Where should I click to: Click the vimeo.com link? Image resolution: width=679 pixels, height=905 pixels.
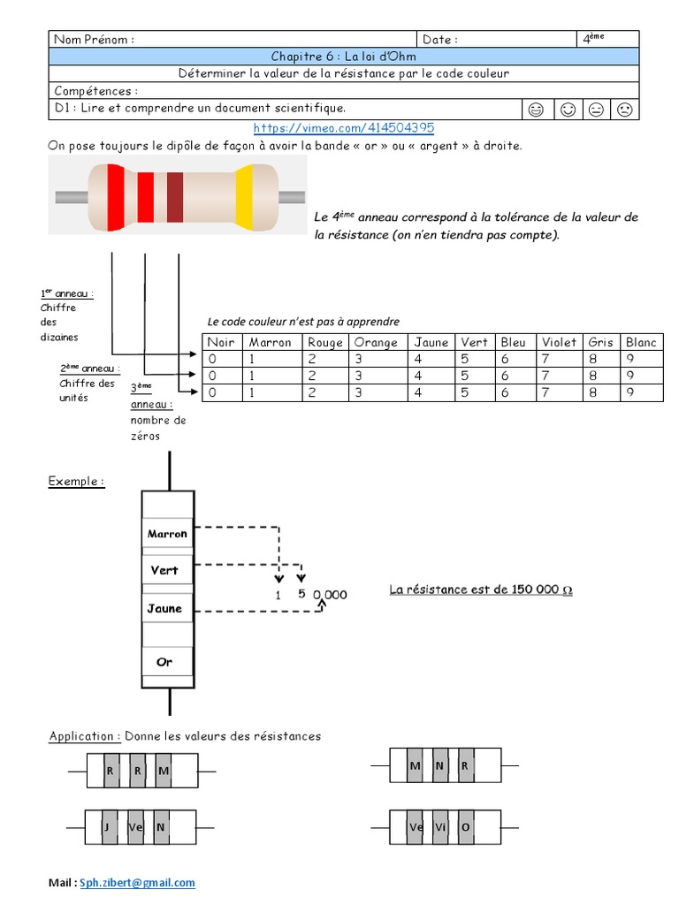coord(344,127)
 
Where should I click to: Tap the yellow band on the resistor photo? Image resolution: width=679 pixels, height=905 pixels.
coord(244,197)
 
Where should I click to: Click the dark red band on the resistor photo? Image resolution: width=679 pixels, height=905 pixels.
coord(175,197)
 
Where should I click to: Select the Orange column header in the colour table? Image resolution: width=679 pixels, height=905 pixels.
coord(376,342)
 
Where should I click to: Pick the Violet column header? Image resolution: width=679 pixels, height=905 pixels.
coord(559,342)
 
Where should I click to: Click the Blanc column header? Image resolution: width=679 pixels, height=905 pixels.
coord(641,342)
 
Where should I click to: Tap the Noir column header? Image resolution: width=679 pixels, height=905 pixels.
coord(221,342)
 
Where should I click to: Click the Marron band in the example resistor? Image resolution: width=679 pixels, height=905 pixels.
coord(167,534)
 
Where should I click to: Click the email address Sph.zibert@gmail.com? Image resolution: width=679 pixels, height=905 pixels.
coord(137,883)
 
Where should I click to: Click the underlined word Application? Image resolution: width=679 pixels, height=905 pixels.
coord(81,736)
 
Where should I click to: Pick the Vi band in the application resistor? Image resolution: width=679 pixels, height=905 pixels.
coord(440,827)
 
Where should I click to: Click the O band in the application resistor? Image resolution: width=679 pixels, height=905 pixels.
coord(465,827)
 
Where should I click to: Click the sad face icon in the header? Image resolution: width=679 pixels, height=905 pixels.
coord(625,109)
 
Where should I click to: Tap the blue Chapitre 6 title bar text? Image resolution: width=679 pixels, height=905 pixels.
coord(344,56)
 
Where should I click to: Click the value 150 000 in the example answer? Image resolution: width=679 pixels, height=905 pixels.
coord(535,589)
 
